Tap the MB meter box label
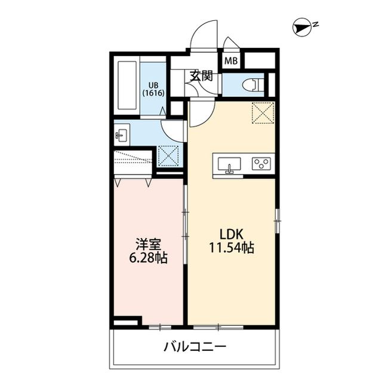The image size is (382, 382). pyautogui.click(x=231, y=60)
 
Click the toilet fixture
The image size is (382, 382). pyautogui.click(x=254, y=84)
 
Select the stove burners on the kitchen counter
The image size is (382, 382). pyautogui.click(x=261, y=163)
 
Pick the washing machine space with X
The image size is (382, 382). pyautogui.click(x=169, y=157)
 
